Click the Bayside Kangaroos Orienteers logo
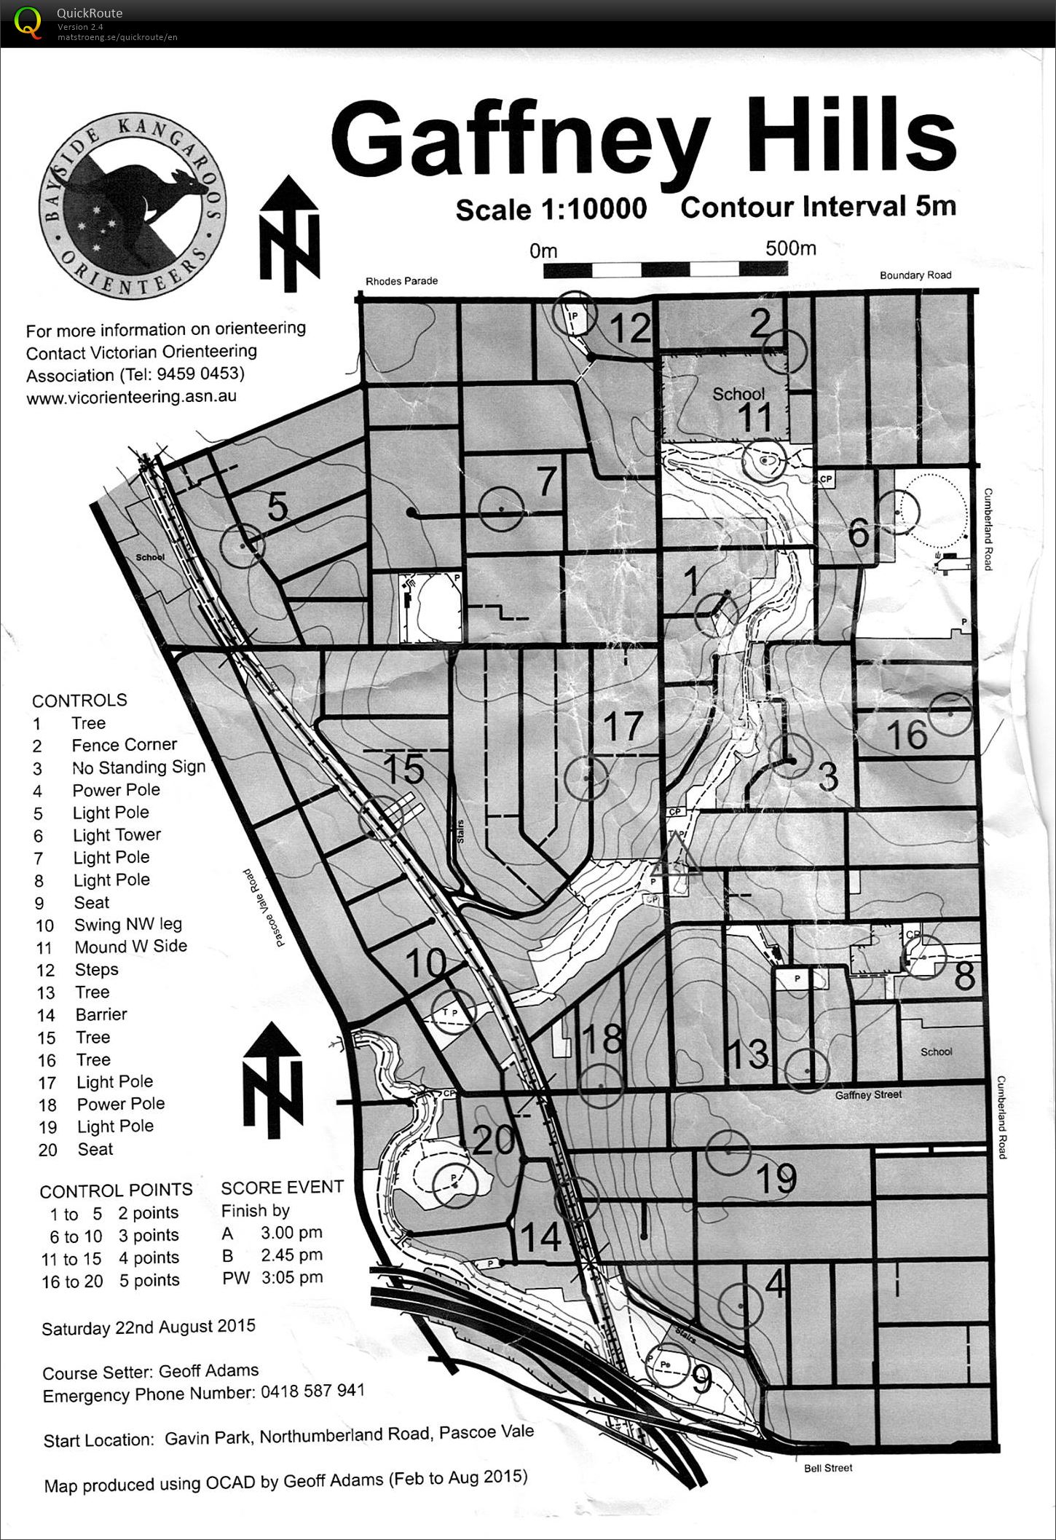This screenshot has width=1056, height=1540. coord(133,206)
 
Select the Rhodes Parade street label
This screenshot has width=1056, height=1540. coord(401,281)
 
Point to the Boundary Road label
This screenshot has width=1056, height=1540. coord(915,275)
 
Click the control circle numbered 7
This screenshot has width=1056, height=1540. coord(501,508)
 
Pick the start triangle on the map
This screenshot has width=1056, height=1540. coord(675,857)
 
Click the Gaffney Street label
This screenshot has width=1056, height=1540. coord(868,1094)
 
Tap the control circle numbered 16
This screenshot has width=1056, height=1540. coord(950,715)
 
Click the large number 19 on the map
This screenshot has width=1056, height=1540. coord(776,1178)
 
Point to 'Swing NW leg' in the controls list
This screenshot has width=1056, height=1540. coord(128,925)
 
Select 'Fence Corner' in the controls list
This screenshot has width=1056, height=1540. coord(124,745)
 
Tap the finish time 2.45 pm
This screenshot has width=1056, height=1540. coord(291,1255)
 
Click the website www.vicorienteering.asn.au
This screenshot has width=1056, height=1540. coord(131,398)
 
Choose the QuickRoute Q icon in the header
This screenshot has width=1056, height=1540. coord(28,22)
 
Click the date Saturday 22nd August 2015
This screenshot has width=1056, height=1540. coord(149,1327)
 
